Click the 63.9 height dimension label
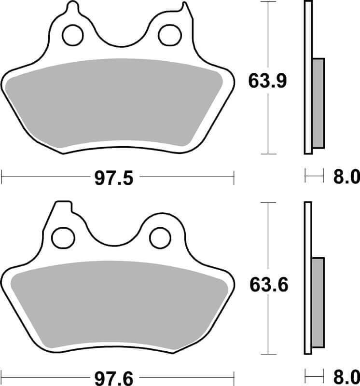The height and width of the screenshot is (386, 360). pyautogui.click(x=267, y=81)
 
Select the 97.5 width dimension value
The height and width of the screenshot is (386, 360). pyautogui.click(x=114, y=178)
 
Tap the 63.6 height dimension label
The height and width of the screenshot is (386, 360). pyautogui.click(x=269, y=285)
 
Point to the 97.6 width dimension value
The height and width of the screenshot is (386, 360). pyautogui.click(x=114, y=379)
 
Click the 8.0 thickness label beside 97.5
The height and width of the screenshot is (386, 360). pyautogui.click(x=346, y=177)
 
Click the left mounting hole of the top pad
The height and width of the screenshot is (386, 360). pyautogui.click(x=73, y=35)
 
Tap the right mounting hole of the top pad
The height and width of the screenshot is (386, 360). pyautogui.click(x=170, y=35)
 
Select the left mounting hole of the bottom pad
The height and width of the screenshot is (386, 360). pyautogui.click(x=63, y=238)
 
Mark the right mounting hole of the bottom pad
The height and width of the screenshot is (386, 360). pyautogui.click(x=160, y=238)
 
